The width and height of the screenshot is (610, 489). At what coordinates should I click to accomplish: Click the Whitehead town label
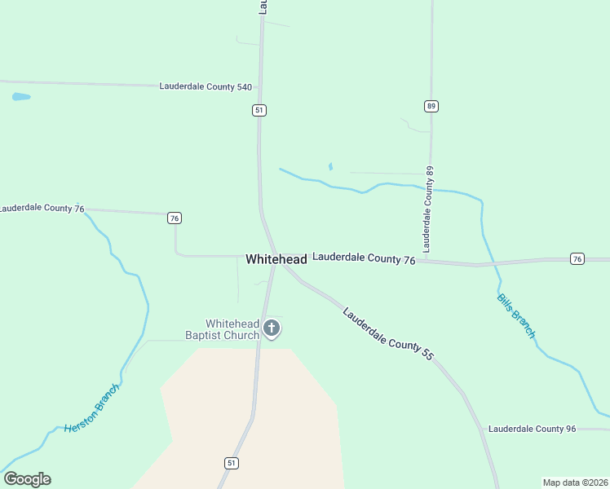tap(276, 259)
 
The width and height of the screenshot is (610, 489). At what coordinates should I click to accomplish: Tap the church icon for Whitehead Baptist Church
tap(272, 329)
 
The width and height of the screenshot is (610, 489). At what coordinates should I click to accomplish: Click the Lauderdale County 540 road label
tap(206, 86)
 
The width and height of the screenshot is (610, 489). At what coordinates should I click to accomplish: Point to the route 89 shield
tap(431, 106)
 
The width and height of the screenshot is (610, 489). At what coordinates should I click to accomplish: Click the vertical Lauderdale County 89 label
tap(429, 209)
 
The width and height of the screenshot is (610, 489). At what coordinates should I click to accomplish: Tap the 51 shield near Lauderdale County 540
tap(259, 110)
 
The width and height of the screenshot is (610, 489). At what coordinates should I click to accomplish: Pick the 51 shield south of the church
tap(232, 463)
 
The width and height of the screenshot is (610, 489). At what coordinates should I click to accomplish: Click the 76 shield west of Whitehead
tap(174, 218)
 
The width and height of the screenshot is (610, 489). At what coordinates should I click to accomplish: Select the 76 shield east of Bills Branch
tap(577, 259)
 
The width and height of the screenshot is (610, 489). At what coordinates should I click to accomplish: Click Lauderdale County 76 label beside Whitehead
tap(364, 259)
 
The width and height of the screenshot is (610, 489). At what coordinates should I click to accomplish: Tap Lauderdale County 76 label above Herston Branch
tap(41, 208)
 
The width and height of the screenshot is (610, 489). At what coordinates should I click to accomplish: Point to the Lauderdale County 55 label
tap(387, 334)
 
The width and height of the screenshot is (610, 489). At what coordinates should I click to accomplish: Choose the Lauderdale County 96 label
tap(532, 429)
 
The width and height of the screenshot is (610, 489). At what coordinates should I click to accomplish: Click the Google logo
tap(27, 479)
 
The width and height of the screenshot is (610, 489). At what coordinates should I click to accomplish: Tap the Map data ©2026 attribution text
tap(575, 482)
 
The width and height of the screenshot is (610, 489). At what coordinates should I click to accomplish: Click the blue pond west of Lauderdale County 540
tap(21, 97)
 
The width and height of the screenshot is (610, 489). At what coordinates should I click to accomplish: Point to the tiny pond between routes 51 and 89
tap(330, 167)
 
